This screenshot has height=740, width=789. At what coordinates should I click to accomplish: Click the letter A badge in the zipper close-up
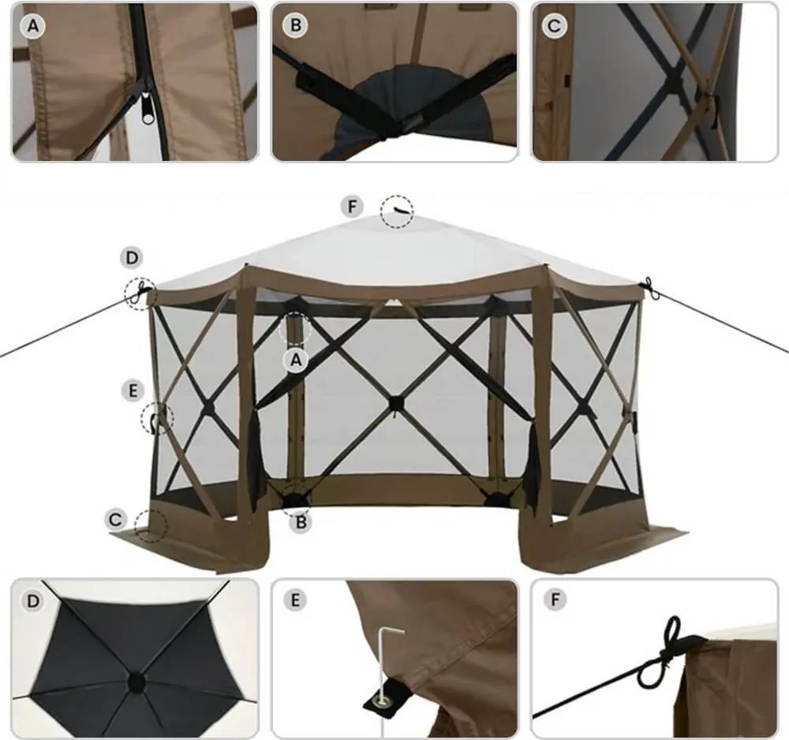(x=33, y=26)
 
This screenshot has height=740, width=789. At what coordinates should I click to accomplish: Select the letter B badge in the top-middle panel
(x=295, y=26)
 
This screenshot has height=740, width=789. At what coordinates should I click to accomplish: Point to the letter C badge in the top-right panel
(x=555, y=26)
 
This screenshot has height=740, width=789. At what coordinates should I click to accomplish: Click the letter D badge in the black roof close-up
(x=33, y=600)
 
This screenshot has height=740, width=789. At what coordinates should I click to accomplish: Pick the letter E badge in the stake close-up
(x=295, y=600)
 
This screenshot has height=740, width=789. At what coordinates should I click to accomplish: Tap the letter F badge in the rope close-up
(x=555, y=599)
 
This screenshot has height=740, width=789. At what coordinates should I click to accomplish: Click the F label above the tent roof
(x=352, y=206)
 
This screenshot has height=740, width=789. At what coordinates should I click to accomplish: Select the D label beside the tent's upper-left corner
(x=132, y=258)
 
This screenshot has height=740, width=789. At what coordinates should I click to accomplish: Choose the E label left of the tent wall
(x=133, y=391)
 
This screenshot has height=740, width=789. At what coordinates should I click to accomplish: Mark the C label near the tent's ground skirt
(x=116, y=519)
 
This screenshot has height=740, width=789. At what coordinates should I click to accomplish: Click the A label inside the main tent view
(x=297, y=361)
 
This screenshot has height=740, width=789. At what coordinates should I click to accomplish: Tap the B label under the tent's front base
(x=301, y=522)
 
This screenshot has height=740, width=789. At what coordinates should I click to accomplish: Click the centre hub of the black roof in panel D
(x=136, y=682)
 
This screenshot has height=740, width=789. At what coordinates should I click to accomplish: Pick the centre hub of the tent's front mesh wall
(x=395, y=403)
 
